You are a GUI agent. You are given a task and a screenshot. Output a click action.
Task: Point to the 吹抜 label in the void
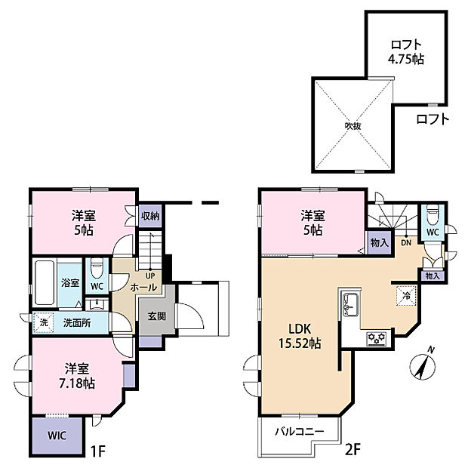coord(353,125)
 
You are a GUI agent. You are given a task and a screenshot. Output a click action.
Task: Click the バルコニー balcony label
coord(298,431)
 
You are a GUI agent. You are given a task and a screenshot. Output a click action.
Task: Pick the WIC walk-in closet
coord(57,436)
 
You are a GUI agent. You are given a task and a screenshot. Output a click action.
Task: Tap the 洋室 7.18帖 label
coord(79,375)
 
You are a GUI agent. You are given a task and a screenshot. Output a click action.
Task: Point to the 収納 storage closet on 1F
coord(149,215)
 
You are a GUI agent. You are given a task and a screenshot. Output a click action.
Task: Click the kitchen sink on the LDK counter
coord(351,303)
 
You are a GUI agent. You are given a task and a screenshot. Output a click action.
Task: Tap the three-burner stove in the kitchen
coord(376,339)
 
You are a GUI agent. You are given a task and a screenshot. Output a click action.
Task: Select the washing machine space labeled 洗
coord(43,322)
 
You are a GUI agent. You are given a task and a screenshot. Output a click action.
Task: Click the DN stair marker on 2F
coord(405,242)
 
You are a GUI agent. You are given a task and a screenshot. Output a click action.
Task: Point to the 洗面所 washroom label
coord(77,322)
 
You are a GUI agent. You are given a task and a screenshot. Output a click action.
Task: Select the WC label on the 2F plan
coord(432,233)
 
